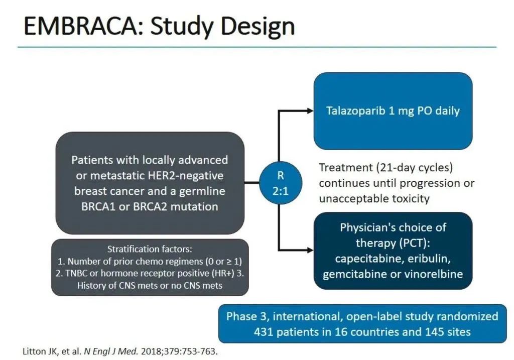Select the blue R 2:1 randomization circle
pyautogui.click(x=281, y=183)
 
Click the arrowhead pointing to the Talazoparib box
pyautogui.click(x=310, y=111)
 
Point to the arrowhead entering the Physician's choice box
pyautogui.click(x=310, y=250)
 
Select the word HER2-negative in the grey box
pyautogui.click(x=186, y=176)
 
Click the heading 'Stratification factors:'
pyautogui.click(x=150, y=249)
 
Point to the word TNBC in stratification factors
pyautogui.click(x=76, y=273)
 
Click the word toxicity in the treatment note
pyautogui.click(x=411, y=199)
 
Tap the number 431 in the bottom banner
pyautogui.click(x=264, y=332)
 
